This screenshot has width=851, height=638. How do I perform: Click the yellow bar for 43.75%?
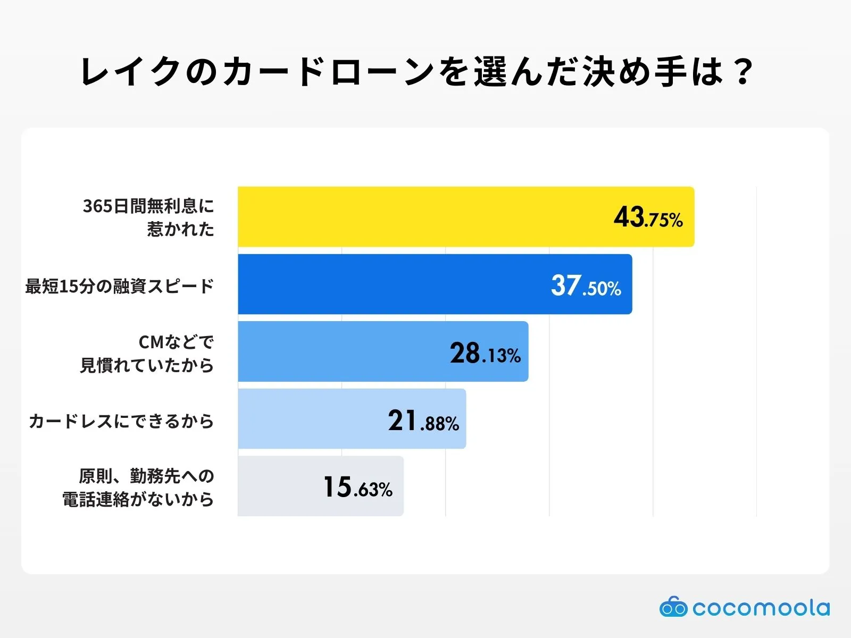point(425,217)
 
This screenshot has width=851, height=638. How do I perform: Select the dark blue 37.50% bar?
point(394,284)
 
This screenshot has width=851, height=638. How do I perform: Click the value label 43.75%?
point(648,217)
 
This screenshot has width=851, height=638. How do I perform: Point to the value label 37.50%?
point(586,286)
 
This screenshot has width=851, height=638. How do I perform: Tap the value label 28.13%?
point(485,353)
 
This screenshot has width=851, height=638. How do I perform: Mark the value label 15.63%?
point(357,487)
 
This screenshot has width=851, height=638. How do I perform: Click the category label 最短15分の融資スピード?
point(120,286)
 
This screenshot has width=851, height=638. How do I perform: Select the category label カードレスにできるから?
point(121,421)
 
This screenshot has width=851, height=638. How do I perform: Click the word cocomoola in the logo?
point(761,608)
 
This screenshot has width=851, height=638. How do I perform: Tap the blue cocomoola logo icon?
point(673,607)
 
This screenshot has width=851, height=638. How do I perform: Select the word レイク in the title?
point(131,71)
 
